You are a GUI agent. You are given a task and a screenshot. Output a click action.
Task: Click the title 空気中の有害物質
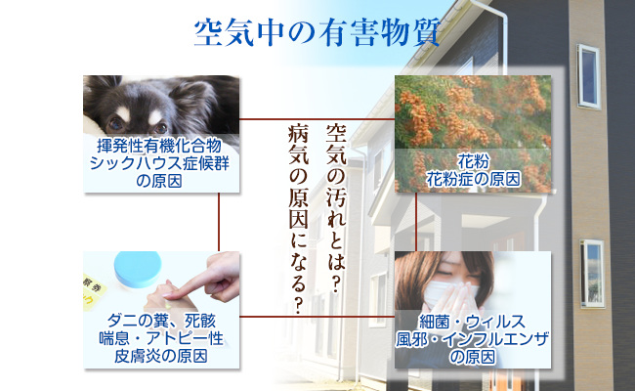tap(317, 32)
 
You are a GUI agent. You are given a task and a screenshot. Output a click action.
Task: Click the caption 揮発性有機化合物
tap(159, 145)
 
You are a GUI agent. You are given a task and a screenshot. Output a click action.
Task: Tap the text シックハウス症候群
tap(159, 163)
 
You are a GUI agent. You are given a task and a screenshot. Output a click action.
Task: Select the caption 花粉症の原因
tap(473, 179)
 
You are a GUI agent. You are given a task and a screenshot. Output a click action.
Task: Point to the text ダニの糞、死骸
tap(161, 321)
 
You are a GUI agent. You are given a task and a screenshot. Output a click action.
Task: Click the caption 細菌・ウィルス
tap(472, 322)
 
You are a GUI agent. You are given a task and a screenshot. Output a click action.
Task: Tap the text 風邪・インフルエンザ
tap(472, 339)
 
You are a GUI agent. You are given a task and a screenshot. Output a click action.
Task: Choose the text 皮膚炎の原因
tap(161, 356)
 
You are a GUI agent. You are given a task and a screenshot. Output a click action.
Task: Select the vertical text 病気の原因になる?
tap(299, 219)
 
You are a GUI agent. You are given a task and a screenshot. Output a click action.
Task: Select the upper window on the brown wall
tap(588, 76)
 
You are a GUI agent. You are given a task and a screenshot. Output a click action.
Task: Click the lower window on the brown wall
tap(592, 273)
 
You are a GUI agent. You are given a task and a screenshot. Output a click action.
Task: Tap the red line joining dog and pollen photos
tap(317, 119)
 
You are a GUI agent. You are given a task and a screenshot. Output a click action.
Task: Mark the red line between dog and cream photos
tap(219, 222)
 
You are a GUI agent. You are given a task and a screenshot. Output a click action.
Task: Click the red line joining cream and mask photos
tap(317, 316)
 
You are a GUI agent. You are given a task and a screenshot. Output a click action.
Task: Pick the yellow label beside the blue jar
tap(94, 291)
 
